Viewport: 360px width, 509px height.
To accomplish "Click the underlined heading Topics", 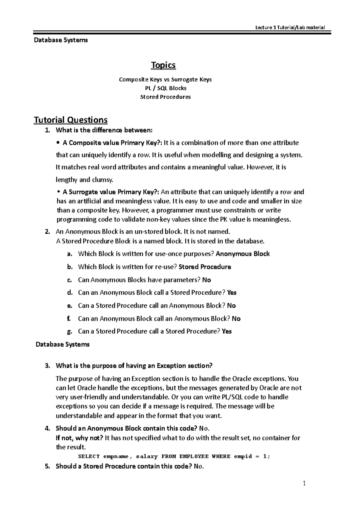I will pyautogui.click(x=163, y=65).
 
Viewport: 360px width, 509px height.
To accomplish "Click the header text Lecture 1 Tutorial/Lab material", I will pyautogui.click(x=290, y=28).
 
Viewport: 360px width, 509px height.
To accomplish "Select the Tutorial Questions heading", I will pyautogui.click(x=70, y=120).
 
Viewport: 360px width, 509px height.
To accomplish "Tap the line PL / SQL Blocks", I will pyautogui.click(x=165, y=88).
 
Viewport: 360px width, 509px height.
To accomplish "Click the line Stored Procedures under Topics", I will pyautogui.click(x=165, y=97).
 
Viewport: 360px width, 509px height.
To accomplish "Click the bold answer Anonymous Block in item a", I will pyautogui.click(x=243, y=254).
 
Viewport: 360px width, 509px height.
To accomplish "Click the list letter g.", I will pyautogui.click(x=70, y=332).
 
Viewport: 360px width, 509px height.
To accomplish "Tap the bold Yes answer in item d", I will pyautogui.click(x=232, y=293).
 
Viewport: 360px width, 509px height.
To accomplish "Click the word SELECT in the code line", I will pyautogui.click(x=89, y=457).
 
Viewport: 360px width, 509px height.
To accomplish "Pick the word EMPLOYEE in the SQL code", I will pyautogui.click(x=194, y=457).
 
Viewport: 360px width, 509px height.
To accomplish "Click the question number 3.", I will pyautogui.click(x=47, y=366).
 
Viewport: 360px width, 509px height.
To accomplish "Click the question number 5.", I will pyautogui.click(x=47, y=466).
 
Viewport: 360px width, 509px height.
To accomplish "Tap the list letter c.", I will pyautogui.click(x=70, y=280).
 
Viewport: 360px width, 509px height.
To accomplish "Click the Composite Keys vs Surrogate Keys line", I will pyautogui.click(x=165, y=79).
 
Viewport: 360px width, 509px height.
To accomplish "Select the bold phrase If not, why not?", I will pyautogui.click(x=79, y=438).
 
